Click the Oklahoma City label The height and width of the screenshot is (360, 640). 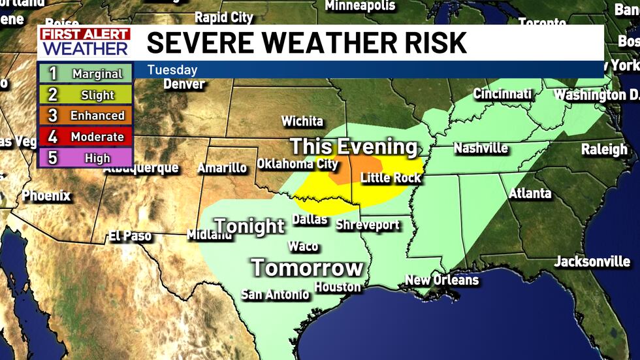[297, 163]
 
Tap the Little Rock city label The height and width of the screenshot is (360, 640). [391, 177]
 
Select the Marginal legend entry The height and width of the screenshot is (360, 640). [86, 74]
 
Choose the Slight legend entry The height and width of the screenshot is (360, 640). [86, 95]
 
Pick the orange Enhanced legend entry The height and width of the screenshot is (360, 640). [86, 116]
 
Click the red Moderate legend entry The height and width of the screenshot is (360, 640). [86, 137]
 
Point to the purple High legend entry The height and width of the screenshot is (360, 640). [86, 157]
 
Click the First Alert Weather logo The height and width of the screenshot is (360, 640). [84, 42]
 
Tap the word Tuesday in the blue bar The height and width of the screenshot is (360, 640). [172, 70]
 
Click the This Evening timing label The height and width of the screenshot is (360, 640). [353, 146]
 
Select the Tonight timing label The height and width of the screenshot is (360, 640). [249, 227]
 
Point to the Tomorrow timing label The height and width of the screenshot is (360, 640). [307, 267]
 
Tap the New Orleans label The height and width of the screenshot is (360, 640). [441, 280]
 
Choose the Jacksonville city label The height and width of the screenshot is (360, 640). [592, 262]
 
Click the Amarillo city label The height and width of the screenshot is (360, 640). [222, 168]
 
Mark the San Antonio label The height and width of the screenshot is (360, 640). [275, 295]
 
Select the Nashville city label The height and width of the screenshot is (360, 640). [481, 148]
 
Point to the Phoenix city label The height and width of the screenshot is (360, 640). [46, 195]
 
